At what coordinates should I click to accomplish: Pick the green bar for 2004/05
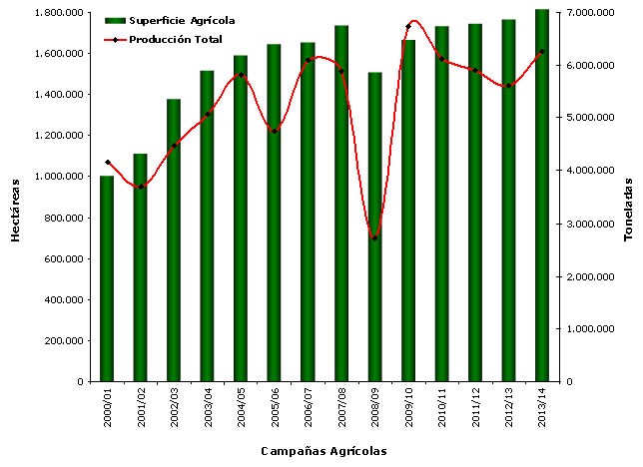[241, 219]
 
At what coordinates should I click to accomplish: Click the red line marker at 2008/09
[374, 237]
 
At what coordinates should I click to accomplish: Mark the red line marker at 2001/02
[141, 187]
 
